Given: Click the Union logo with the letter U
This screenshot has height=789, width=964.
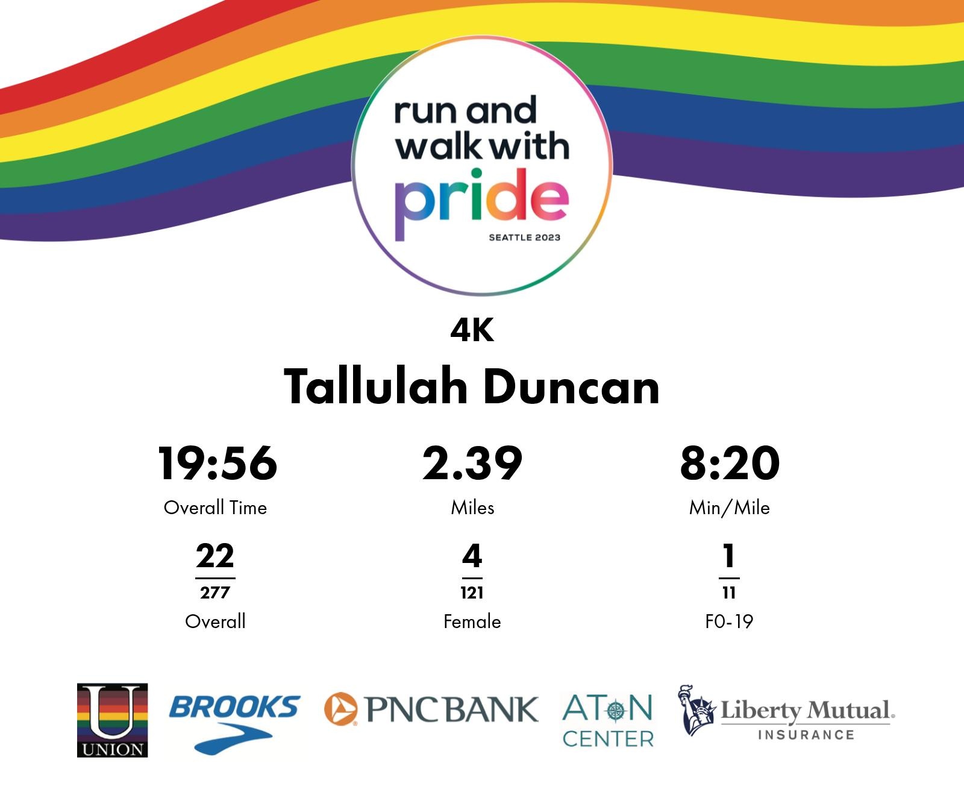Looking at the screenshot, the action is (112, 720).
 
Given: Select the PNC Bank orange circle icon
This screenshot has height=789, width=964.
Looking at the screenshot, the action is (340, 709).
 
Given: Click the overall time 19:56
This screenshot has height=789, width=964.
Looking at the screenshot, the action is (217, 464).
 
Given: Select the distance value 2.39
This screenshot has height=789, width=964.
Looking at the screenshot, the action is (472, 464).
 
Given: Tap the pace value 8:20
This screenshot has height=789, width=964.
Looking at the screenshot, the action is (730, 464).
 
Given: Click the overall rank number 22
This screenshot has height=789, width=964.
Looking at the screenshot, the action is (215, 556).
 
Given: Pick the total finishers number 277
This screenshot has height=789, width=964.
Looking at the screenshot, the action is (215, 593).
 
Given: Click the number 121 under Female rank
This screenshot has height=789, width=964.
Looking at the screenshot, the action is (472, 593).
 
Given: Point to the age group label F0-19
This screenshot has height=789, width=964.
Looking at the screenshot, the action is (729, 621).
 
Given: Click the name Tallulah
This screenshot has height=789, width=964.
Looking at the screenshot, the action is (375, 387).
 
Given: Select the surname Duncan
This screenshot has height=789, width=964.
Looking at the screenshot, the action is (571, 387).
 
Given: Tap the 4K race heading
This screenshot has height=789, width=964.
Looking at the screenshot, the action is (472, 330).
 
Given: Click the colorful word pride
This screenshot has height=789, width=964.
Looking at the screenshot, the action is (482, 204).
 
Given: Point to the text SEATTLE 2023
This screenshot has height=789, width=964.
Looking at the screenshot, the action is (524, 237).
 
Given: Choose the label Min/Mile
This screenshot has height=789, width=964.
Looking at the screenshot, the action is (730, 508).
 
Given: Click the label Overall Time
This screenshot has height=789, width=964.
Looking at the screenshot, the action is (215, 508).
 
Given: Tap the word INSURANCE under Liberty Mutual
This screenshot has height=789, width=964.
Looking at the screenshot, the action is (806, 735).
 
